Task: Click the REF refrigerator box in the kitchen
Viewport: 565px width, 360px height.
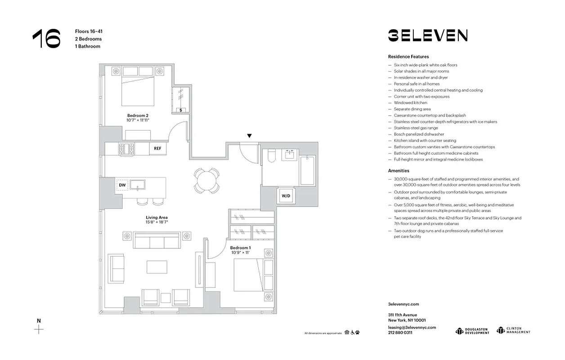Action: coord(157,148)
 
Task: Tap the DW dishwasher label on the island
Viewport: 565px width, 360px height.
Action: coord(122,184)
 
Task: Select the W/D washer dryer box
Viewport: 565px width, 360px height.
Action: coord(286,196)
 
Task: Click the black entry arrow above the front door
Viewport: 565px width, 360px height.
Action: coord(249,135)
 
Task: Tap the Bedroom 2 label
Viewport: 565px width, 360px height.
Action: coord(138,115)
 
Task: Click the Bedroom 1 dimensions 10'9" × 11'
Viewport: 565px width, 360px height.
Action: coord(241,253)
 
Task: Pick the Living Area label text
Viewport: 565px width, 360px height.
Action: coord(157,217)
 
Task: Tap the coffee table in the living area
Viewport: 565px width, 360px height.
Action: coord(157,267)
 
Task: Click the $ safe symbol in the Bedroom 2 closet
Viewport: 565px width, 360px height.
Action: coord(181,110)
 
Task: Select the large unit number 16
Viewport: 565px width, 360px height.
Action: coord(46,39)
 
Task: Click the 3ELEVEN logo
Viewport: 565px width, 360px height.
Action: coord(428,36)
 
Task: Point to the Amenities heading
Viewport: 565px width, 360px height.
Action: coord(399,171)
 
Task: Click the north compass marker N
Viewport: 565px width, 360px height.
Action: coord(39,321)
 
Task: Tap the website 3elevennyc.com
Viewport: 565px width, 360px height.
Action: coord(404,305)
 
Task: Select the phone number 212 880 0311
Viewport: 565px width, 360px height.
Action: coord(400,333)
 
